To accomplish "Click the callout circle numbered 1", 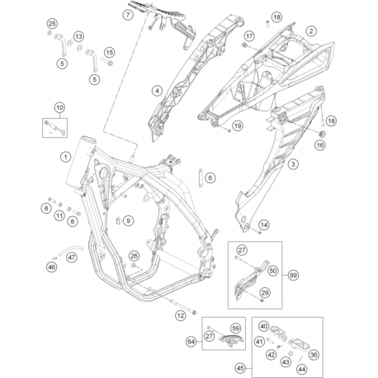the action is tap(65, 157).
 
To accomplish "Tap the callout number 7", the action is tap(128, 15).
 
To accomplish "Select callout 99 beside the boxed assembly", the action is tap(293, 275).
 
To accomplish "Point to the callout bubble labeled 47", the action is tap(72, 258).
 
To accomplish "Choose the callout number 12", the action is tap(181, 315).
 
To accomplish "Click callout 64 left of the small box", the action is tap(191, 342).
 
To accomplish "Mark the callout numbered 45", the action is tap(240, 368).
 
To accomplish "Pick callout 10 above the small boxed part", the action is tap(59, 107).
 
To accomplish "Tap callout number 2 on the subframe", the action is tap(311, 31).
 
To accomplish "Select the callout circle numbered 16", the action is tap(320, 145).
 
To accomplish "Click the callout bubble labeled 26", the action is tap(134, 256).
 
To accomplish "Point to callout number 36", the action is tap(314, 355).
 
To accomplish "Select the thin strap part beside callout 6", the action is tap(201, 177).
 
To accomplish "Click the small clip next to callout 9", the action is tap(119, 220).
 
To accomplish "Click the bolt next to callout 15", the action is tap(107, 62).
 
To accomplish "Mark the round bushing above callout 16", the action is tap(321, 134).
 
